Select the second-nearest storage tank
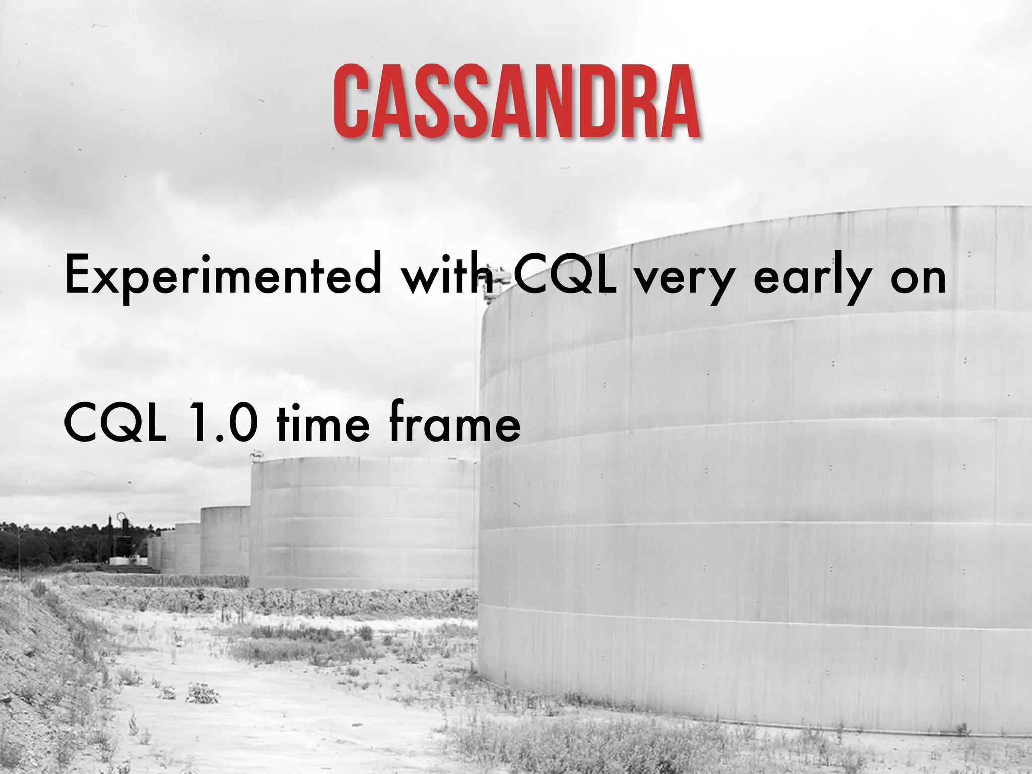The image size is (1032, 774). (363, 524)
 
